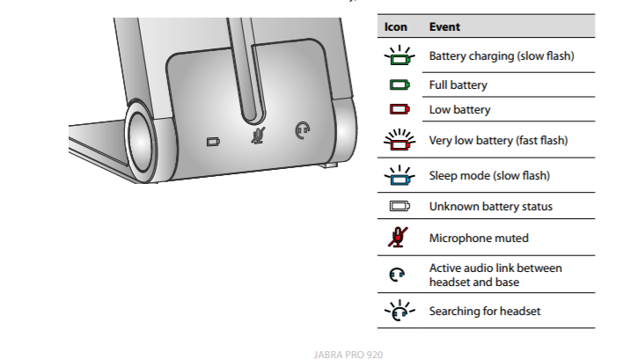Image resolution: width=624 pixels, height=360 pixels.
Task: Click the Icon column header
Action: (x=395, y=27)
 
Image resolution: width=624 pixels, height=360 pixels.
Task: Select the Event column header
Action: (x=444, y=27)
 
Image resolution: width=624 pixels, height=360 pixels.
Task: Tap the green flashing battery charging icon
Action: (x=399, y=57)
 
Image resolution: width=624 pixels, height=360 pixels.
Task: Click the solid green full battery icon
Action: (x=399, y=85)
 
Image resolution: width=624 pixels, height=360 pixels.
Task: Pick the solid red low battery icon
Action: (x=399, y=110)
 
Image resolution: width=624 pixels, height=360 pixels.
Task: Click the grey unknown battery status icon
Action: (x=399, y=207)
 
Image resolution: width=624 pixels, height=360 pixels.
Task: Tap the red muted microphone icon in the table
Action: (x=399, y=238)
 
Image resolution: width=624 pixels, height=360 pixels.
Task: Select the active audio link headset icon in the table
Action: (x=399, y=275)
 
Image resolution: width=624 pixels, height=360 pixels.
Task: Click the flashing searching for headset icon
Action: (x=399, y=311)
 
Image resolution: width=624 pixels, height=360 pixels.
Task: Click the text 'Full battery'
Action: (x=458, y=85)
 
